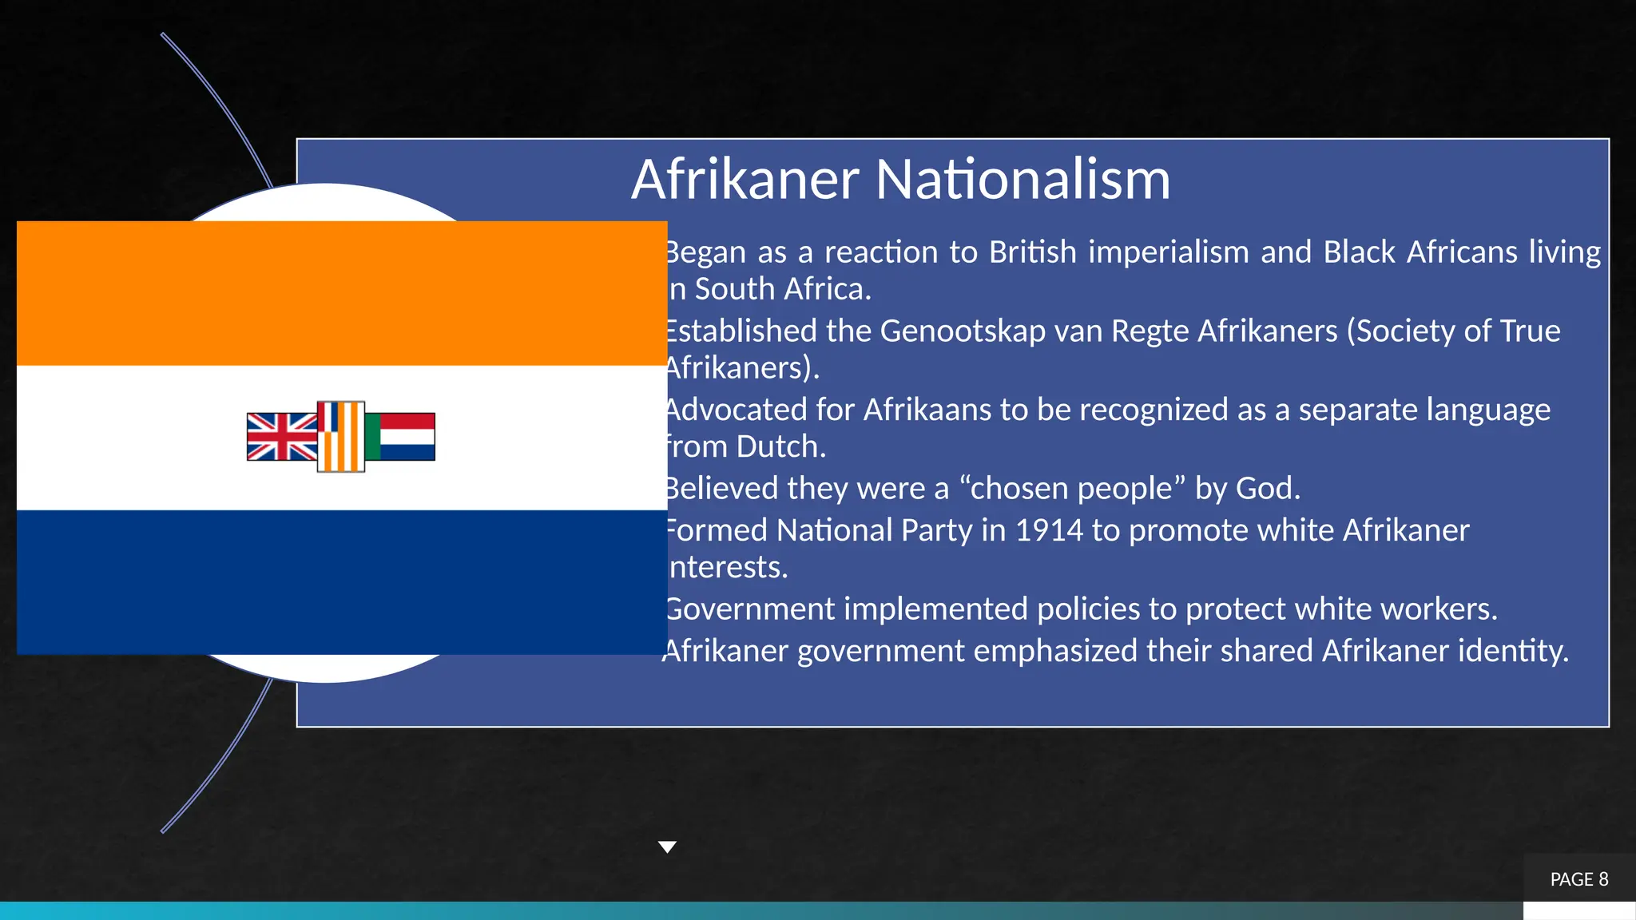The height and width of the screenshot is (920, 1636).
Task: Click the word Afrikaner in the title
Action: coord(745,179)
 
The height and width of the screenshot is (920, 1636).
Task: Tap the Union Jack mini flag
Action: coord(281,437)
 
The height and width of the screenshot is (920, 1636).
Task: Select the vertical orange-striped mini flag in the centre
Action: coord(341,437)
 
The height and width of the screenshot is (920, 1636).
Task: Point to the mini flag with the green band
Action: coord(400,437)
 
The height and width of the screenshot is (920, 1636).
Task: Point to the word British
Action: coord(1033,252)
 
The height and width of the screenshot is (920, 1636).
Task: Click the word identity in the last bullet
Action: coord(1513,651)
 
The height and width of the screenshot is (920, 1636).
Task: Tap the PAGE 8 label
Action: coord(1578,879)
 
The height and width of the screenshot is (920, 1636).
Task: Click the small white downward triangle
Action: coord(667,847)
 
